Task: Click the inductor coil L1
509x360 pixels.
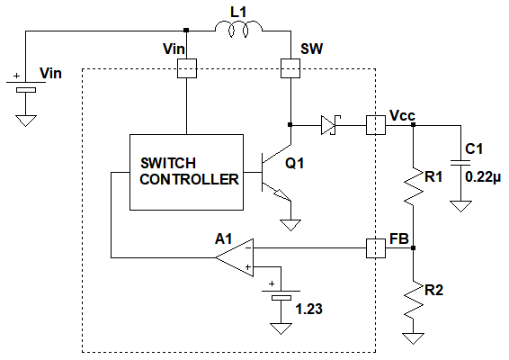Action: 238,29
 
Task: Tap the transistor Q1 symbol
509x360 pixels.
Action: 276,172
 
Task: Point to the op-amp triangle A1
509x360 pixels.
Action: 235,257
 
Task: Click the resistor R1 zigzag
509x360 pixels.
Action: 414,186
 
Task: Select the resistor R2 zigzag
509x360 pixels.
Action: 414,300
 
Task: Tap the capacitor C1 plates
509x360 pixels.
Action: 460,163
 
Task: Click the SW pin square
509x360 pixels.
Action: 290,68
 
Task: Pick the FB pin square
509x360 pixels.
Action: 376,248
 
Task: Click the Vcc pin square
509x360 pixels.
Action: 376,125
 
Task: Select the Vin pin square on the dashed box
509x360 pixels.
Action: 187,68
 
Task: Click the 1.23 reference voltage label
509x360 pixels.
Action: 308,309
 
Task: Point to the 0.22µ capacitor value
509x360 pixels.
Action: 483,177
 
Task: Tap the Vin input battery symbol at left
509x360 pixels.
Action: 26,85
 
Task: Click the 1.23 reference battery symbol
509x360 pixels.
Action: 281,294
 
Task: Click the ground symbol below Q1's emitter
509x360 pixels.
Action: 290,225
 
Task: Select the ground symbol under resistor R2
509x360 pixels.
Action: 414,338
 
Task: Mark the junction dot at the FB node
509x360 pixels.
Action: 414,248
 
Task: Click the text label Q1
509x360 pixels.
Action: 294,163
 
